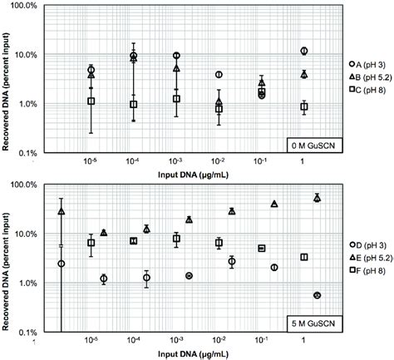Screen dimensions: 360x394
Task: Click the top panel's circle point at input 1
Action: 304,52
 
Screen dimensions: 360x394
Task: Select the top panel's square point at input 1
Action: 304,106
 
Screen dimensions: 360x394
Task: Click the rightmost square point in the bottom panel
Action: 304,258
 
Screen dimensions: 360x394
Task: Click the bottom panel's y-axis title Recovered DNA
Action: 8,261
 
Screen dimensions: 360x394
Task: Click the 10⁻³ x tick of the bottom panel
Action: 177,341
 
